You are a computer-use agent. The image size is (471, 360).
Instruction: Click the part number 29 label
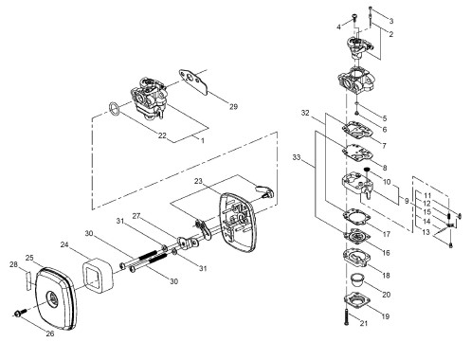tap(233, 107)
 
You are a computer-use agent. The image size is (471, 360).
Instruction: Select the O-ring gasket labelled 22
tap(115, 108)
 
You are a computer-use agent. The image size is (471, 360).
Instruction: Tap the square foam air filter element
tap(95, 274)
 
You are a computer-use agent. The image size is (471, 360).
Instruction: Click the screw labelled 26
tap(20, 313)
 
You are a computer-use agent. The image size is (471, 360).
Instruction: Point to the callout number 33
tap(297, 157)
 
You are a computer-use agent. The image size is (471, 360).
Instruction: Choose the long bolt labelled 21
tap(346, 317)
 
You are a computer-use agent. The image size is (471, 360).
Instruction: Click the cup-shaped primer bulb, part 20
tap(357, 279)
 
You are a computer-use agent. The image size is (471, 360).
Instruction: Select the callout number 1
tap(203, 140)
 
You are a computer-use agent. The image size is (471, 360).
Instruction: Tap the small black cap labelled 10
tap(367, 170)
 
